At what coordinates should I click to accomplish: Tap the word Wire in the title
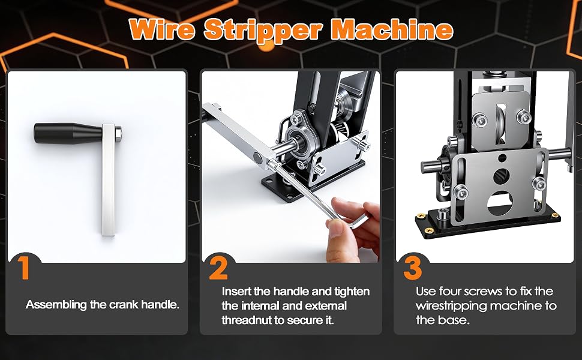point(162,29)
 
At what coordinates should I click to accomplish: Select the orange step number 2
point(218,268)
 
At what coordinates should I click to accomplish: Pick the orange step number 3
point(413,268)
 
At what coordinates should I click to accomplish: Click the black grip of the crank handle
point(68,133)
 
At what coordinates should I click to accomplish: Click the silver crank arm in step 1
point(109,179)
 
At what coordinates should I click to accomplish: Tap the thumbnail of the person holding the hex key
point(290,167)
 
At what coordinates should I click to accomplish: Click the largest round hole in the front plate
point(500,204)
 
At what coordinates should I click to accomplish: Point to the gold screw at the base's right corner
point(555,215)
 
